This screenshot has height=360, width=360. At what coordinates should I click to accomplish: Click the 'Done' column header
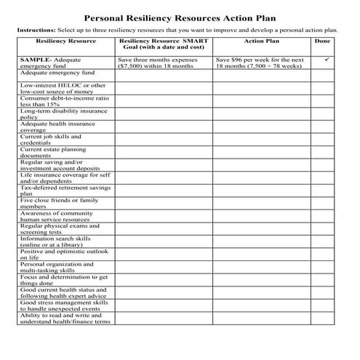coord(322,41)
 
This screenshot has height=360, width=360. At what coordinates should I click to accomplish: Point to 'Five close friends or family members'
coord(59,204)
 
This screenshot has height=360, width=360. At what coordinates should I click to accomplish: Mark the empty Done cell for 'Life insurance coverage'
coord(322,179)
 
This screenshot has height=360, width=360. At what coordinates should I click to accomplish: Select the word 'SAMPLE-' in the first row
coord(36,58)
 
